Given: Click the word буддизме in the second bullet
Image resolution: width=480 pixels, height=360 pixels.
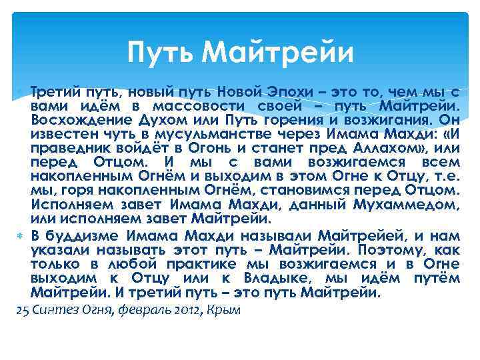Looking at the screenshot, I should click(x=85, y=236).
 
